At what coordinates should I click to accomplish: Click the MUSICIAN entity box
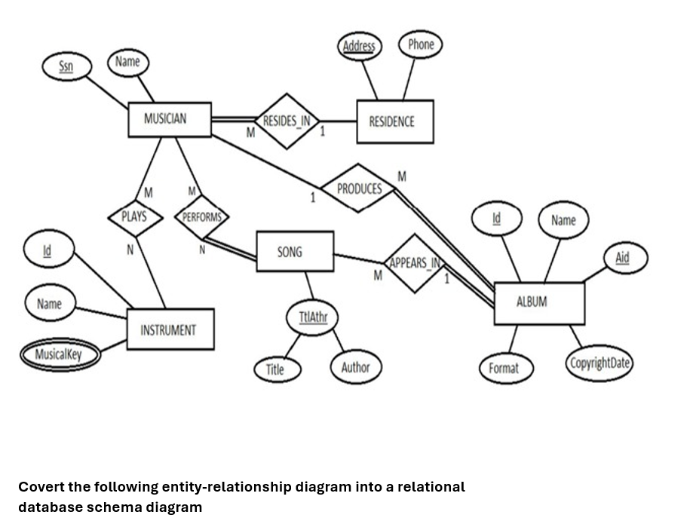169,119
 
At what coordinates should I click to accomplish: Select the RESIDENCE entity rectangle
394,121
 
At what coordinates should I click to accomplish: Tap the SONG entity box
294,252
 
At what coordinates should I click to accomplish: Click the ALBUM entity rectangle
538,303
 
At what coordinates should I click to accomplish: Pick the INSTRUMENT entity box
170,329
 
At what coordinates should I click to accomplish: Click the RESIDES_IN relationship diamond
287,121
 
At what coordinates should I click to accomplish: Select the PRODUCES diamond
358,188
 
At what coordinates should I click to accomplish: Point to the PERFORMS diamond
201,217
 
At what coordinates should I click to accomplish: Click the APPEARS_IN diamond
414,264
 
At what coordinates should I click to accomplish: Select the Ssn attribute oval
66,66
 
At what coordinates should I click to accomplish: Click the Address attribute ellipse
358,46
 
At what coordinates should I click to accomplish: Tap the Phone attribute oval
420,44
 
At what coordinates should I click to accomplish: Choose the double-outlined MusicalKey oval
59,354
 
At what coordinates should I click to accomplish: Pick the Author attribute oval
355,368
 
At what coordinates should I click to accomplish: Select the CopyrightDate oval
599,363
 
